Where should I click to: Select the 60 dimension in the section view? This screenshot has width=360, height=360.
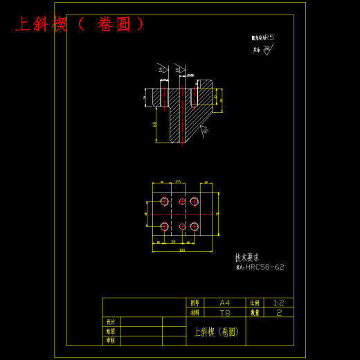(x=154, y=124)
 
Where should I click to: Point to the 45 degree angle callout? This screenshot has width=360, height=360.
(x=205, y=131)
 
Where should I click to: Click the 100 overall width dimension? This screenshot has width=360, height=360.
(x=182, y=250)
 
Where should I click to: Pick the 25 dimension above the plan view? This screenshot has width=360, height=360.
(x=179, y=181)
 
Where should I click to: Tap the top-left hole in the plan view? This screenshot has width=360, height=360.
(x=164, y=201)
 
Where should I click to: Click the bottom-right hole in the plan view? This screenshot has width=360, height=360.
(x=195, y=226)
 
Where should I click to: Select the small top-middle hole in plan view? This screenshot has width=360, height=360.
(x=182, y=201)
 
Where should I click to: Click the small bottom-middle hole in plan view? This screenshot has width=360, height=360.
(x=182, y=226)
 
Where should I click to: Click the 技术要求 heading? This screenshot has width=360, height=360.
(x=246, y=257)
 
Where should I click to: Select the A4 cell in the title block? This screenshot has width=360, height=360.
(x=225, y=303)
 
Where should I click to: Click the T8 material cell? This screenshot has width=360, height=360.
(x=225, y=313)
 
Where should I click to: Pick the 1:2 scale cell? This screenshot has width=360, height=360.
(x=278, y=303)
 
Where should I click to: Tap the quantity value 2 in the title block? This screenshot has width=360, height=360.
(x=278, y=313)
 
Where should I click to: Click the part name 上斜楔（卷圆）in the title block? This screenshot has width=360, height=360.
(x=216, y=332)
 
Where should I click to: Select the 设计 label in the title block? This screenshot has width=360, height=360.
(x=110, y=323)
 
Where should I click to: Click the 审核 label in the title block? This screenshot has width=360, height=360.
(x=110, y=341)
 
